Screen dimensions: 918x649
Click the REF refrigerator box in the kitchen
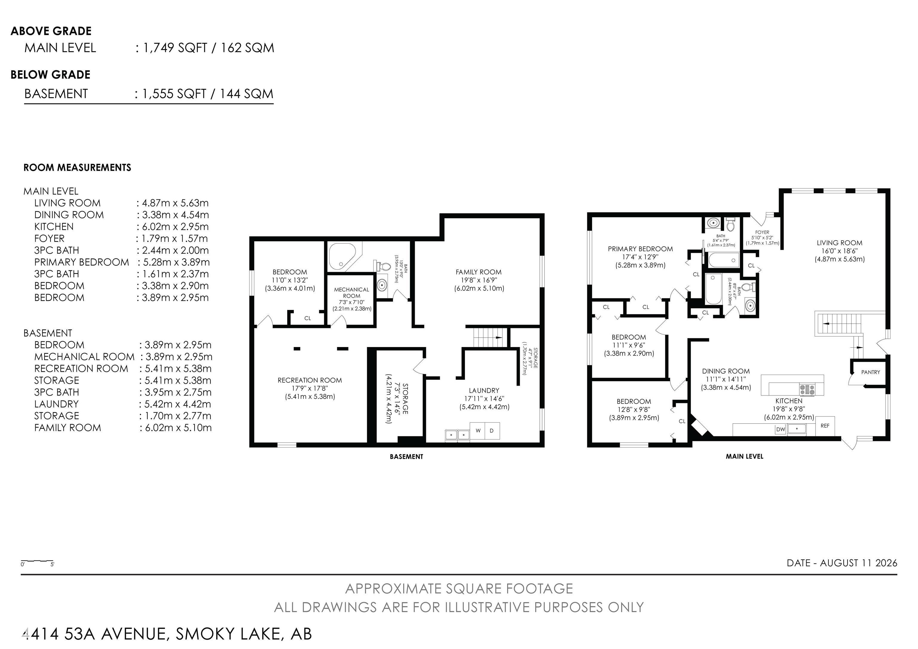pyautogui.click(x=824, y=426)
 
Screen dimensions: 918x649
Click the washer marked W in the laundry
pyautogui.click(x=478, y=431)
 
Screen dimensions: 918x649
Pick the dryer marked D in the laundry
pyautogui.click(x=492, y=431)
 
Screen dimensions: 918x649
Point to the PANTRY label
pyautogui.click(x=870, y=372)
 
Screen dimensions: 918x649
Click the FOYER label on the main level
pyautogui.click(x=762, y=232)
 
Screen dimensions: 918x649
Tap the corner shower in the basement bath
pyautogui.click(x=343, y=256)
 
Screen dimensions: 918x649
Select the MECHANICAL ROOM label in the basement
pyautogui.click(x=351, y=293)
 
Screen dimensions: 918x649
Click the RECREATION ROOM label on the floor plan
pyautogui.click(x=310, y=380)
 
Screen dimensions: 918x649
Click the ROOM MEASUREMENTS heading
pyautogui.click(x=77, y=167)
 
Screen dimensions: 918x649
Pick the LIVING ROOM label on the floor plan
pyautogui.click(x=839, y=243)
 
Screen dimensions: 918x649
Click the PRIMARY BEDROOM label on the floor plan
pyautogui.click(x=640, y=249)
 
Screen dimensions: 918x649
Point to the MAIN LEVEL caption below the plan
pyautogui.click(x=744, y=456)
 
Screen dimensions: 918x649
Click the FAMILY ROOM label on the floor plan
pyautogui.click(x=479, y=272)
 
